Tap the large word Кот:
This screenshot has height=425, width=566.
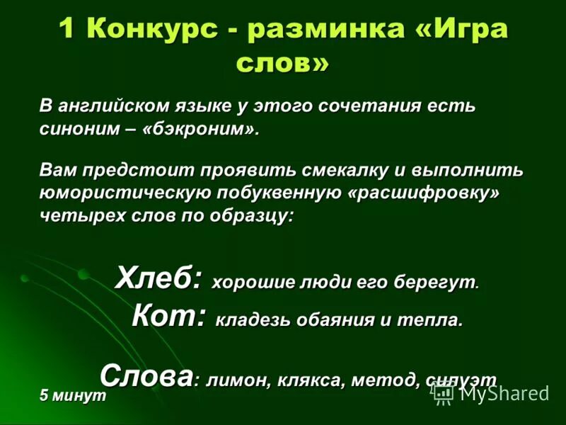coord(169,316)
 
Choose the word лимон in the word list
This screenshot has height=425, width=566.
coord(233,379)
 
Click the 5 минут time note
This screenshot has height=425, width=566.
coord(73,397)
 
